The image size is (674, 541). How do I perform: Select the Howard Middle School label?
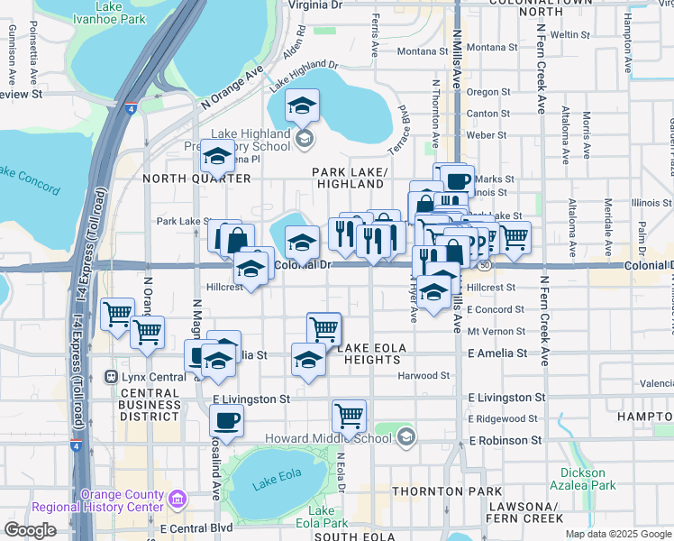coord(328,438)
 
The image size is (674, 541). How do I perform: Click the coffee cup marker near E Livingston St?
coord(226,419)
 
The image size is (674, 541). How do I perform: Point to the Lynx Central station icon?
coord(112,376)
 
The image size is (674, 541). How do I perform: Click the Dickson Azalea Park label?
coord(587,478)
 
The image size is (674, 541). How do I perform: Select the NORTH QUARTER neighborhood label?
coord(197,179)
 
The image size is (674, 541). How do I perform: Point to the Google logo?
coord(30,529)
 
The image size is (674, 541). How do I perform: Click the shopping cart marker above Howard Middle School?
coord(349,416)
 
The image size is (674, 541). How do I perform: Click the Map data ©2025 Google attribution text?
coord(618,534)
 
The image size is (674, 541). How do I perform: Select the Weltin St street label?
coord(569,34)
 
